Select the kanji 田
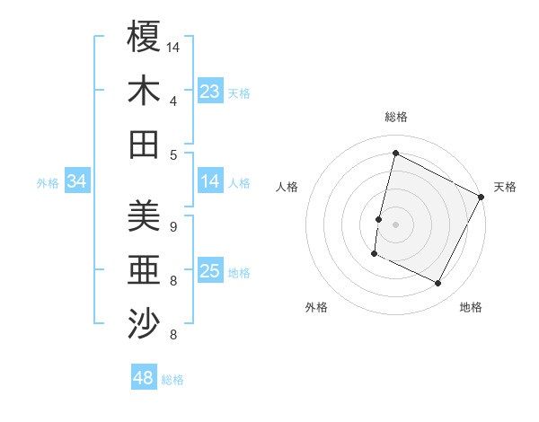tap(144, 145)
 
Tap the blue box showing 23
tap(210, 92)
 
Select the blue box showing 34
tap(77, 182)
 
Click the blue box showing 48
tap(144, 378)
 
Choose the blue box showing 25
tap(210, 272)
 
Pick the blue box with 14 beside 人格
tap(210, 182)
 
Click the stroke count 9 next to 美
tap(172, 226)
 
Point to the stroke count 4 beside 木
tap(172, 101)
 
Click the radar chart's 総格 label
tap(395, 117)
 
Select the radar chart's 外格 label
tap(316, 308)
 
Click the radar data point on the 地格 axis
tap(438, 284)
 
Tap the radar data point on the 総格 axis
tap(395, 154)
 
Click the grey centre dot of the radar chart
tap(395, 224)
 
